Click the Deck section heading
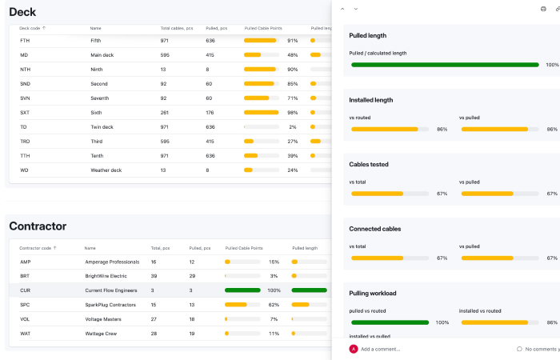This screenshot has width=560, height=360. pyautogui.click(x=22, y=12)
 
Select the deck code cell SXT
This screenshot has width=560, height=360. pyautogui.click(x=25, y=113)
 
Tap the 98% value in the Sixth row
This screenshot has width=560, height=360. pyautogui.click(x=292, y=113)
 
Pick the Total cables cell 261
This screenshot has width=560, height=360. pyautogui.click(x=166, y=113)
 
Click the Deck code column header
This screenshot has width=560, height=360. pyautogui.click(x=32, y=27)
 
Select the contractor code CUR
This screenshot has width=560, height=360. pyautogui.click(x=25, y=290)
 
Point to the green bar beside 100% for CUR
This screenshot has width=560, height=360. pyautogui.click(x=243, y=290)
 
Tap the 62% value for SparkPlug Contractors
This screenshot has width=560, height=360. pyautogui.click(x=274, y=305)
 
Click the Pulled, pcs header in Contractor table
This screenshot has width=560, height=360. pyautogui.click(x=201, y=248)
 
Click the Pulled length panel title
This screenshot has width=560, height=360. pyautogui.click(x=368, y=35)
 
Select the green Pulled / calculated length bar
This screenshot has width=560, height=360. pyautogui.click(x=444, y=65)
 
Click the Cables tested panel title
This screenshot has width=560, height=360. pyautogui.click(x=369, y=164)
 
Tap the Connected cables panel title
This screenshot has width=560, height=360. pyautogui.click(x=374, y=229)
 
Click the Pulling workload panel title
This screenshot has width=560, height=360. pyautogui.click(x=373, y=293)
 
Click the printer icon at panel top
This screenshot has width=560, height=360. pyautogui.click(x=543, y=8)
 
